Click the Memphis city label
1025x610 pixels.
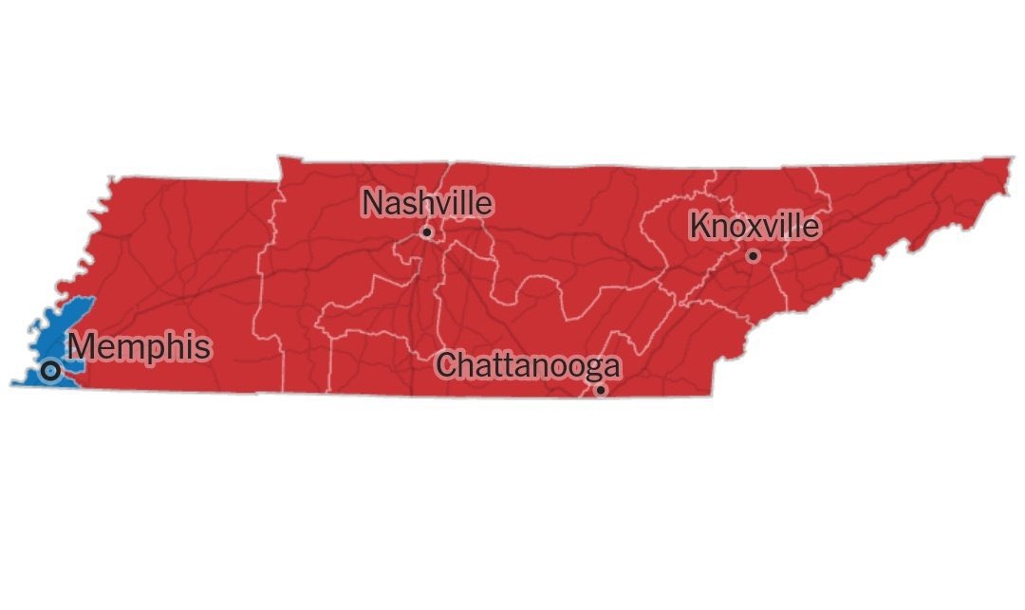coord(140,347)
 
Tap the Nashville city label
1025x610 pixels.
coord(428,204)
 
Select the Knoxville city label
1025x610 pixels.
coord(754,227)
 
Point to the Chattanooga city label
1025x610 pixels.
coord(530,365)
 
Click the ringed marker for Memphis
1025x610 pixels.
coord(50,370)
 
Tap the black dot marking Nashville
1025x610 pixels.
coord(427,231)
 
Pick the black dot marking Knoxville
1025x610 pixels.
coord(753,255)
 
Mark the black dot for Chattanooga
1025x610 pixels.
coord(600,389)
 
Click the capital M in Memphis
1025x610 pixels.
coord(84,347)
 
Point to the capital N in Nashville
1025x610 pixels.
coord(374,204)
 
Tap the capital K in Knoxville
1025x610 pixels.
coord(699,227)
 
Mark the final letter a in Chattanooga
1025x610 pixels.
coord(612,367)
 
